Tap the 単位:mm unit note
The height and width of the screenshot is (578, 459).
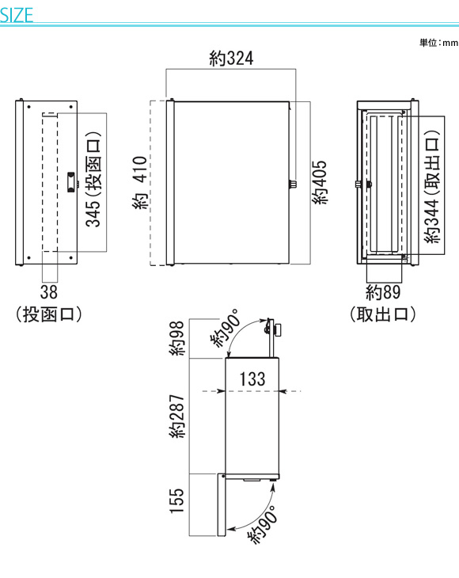[x=438, y=43]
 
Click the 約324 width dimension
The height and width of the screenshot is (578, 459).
[x=231, y=59]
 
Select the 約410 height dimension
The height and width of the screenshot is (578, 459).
[x=140, y=183]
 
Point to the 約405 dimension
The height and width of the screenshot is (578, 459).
[x=320, y=182]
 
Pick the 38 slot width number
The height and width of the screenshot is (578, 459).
[x=49, y=292]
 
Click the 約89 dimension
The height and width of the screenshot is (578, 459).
[x=383, y=292]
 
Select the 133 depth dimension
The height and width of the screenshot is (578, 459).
[x=252, y=379]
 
